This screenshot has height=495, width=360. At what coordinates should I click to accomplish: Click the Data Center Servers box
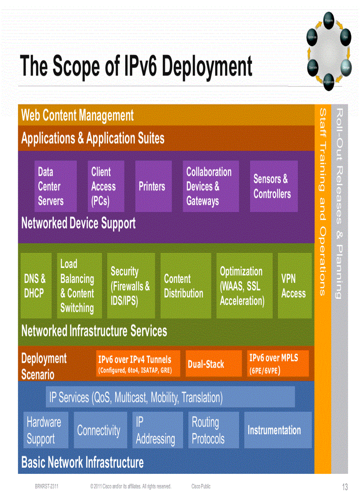(56, 186)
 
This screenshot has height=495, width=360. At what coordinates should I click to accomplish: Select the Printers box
(153, 186)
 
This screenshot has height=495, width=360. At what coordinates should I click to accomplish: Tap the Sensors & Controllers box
(273, 186)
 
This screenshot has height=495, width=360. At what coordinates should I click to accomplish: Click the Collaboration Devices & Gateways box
(210, 186)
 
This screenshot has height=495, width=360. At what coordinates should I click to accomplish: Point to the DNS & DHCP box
(36, 286)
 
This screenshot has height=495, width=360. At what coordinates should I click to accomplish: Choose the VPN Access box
(294, 286)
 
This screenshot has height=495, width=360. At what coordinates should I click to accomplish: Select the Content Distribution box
(185, 286)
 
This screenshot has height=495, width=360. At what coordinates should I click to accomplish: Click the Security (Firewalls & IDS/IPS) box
(131, 286)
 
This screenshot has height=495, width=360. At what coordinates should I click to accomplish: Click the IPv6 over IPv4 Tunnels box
(138, 364)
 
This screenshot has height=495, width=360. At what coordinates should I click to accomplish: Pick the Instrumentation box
(277, 430)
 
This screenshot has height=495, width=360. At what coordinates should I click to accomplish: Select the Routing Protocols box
(214, 430)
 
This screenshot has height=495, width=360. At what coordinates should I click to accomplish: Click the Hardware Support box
(45, 430)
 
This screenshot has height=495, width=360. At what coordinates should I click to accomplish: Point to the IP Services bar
(170, 397)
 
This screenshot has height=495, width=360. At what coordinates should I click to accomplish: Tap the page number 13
(345, 487)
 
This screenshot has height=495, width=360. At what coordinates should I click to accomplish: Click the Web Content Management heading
(78, 115)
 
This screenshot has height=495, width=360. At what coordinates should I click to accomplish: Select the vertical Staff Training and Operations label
(322, 203)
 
